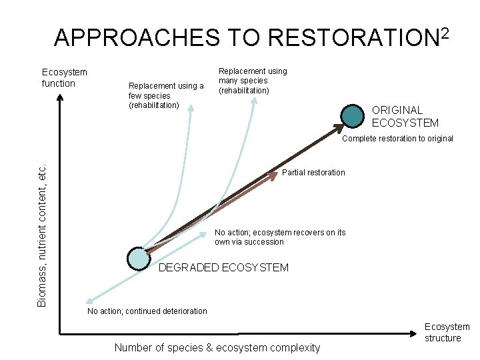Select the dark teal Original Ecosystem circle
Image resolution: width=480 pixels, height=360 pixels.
(353, 116)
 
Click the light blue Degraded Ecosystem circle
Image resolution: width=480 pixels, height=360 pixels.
(139, 258)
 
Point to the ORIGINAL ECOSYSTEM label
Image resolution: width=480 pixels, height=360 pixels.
(405, 116)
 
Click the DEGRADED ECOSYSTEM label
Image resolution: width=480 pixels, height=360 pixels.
(223, 267)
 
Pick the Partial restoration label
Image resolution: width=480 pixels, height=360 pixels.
(314, 173)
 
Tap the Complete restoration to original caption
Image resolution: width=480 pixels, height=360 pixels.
(397, 139)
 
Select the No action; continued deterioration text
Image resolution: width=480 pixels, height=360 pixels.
(147, 311)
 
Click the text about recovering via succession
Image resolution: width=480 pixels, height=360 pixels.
(280, 237)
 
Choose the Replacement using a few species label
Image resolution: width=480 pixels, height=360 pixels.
(166, 95)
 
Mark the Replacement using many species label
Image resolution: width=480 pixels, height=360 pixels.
(253, 81)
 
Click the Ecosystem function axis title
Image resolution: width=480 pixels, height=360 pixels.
(64, 77)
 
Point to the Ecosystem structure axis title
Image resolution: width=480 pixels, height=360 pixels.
(447, 332)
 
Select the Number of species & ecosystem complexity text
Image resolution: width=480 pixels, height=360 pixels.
(217, 347)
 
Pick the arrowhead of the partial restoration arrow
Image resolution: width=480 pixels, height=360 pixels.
(273, 175)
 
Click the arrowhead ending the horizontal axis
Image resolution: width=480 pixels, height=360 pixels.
(417, 332)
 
